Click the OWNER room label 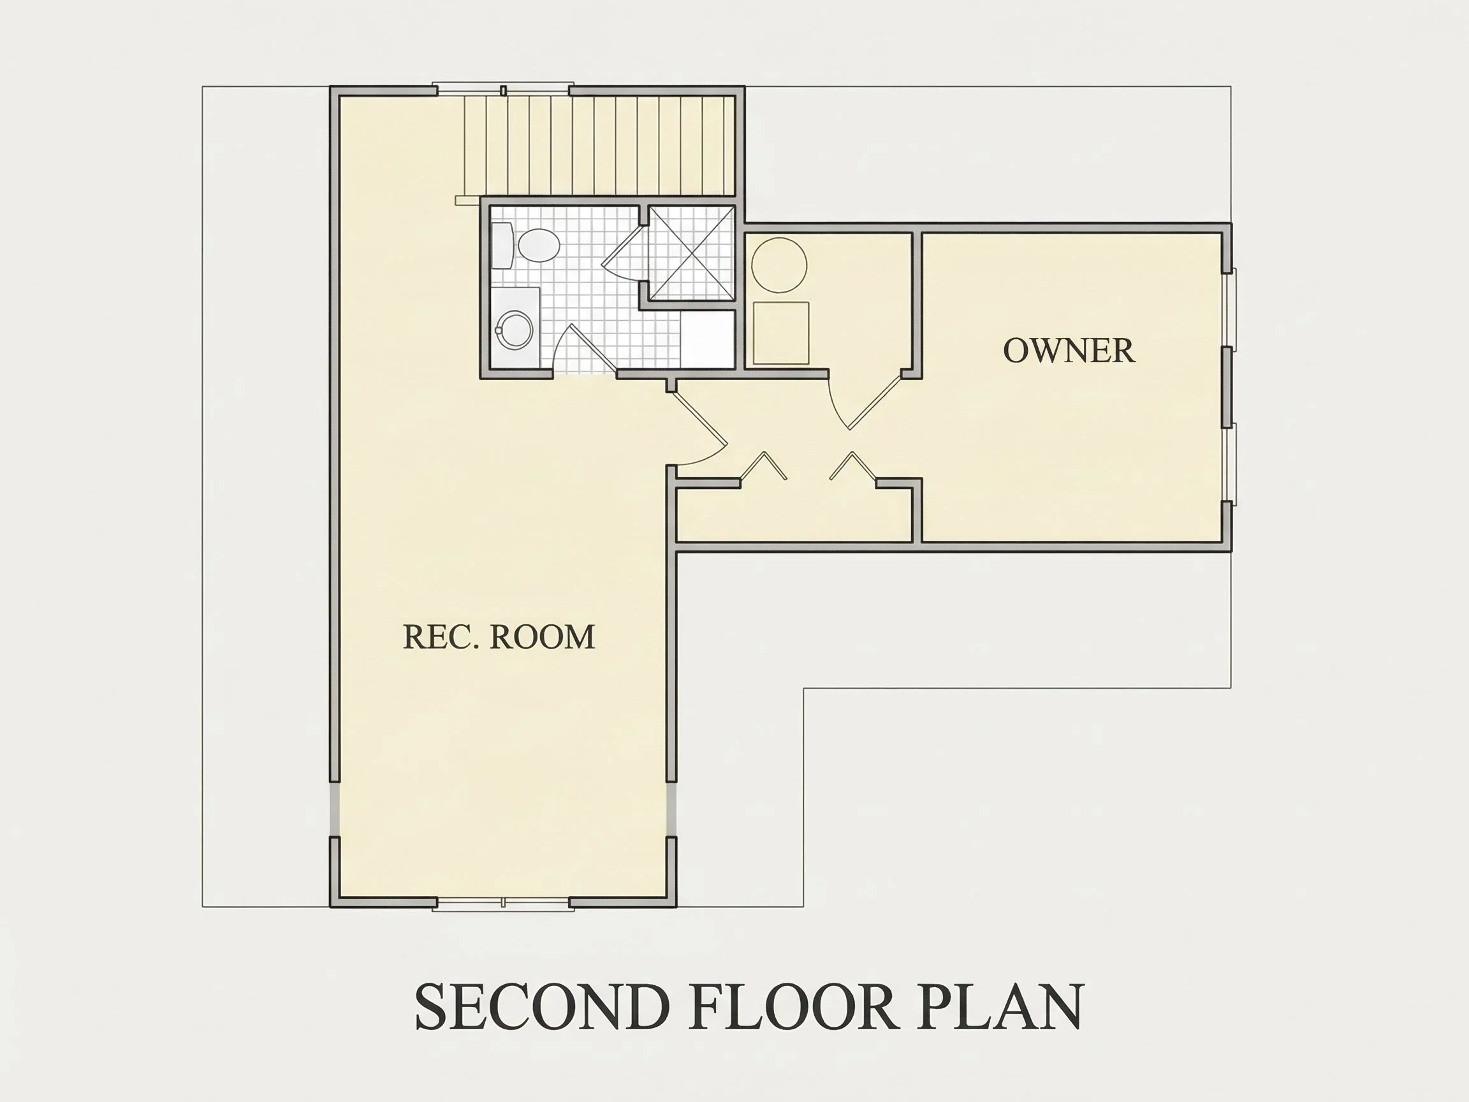point(1069,351)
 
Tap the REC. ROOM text point(499,636)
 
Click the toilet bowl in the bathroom point(539,245)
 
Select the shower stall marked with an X point(691,253)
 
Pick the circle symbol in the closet point(779,265)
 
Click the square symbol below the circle point(781,333)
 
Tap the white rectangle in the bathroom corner point(707,339)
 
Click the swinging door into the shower point(623,253)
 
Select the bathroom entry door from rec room point(585,348)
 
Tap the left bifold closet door point(764,466)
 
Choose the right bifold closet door point(853,466)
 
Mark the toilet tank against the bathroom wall point(502,245)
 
